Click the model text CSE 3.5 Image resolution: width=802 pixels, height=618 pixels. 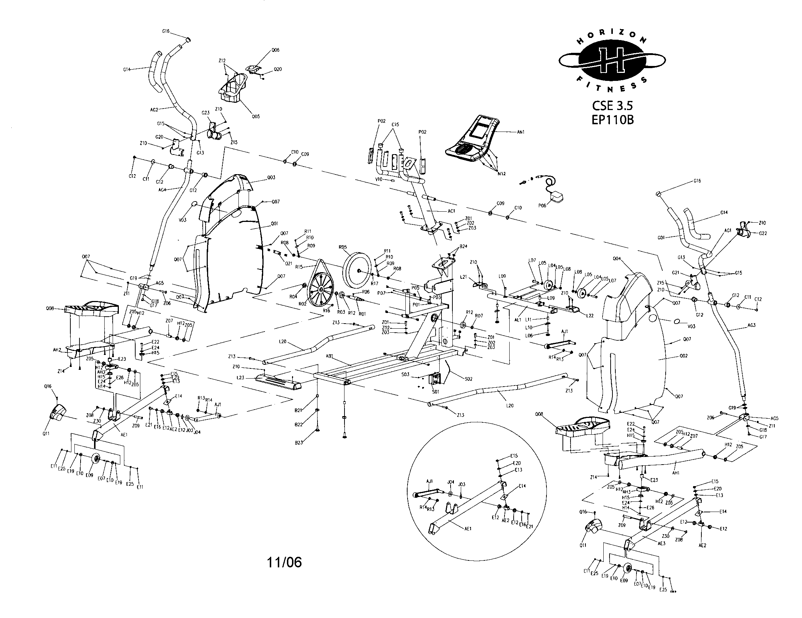click(612, 106)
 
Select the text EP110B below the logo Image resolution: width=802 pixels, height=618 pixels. click(612, 120)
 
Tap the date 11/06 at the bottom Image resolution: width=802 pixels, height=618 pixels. click(284, 562)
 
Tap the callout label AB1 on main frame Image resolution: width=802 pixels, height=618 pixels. click(330, 356)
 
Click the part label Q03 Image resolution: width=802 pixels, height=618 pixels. click(271, 177)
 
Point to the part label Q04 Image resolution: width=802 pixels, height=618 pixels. click(616, 258)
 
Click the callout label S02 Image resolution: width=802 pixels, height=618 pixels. click(468, 378)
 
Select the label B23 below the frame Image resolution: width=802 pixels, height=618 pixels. click(299, 443)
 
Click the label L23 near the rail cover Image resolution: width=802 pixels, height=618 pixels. click(241, 377)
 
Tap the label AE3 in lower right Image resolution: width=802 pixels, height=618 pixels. click(661, 544)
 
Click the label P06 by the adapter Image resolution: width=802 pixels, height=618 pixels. click(542, 206)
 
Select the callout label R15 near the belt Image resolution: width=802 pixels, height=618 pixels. click(299, 267)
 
